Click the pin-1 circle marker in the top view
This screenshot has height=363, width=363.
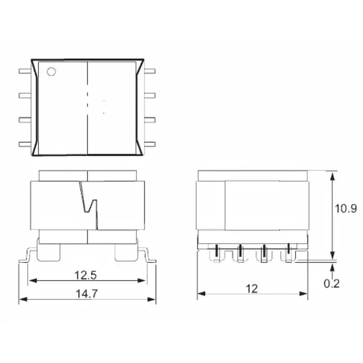51,72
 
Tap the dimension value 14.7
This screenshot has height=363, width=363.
86,293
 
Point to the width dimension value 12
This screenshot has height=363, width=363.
252,288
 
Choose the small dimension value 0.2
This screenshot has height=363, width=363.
332,284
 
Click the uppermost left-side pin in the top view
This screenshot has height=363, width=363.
24,72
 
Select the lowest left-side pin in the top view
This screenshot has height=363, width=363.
24,144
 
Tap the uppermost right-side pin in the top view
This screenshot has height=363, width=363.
150,72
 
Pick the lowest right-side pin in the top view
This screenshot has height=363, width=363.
150,144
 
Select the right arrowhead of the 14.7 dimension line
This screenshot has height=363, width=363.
152,300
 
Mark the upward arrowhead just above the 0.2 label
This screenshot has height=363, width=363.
331,266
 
